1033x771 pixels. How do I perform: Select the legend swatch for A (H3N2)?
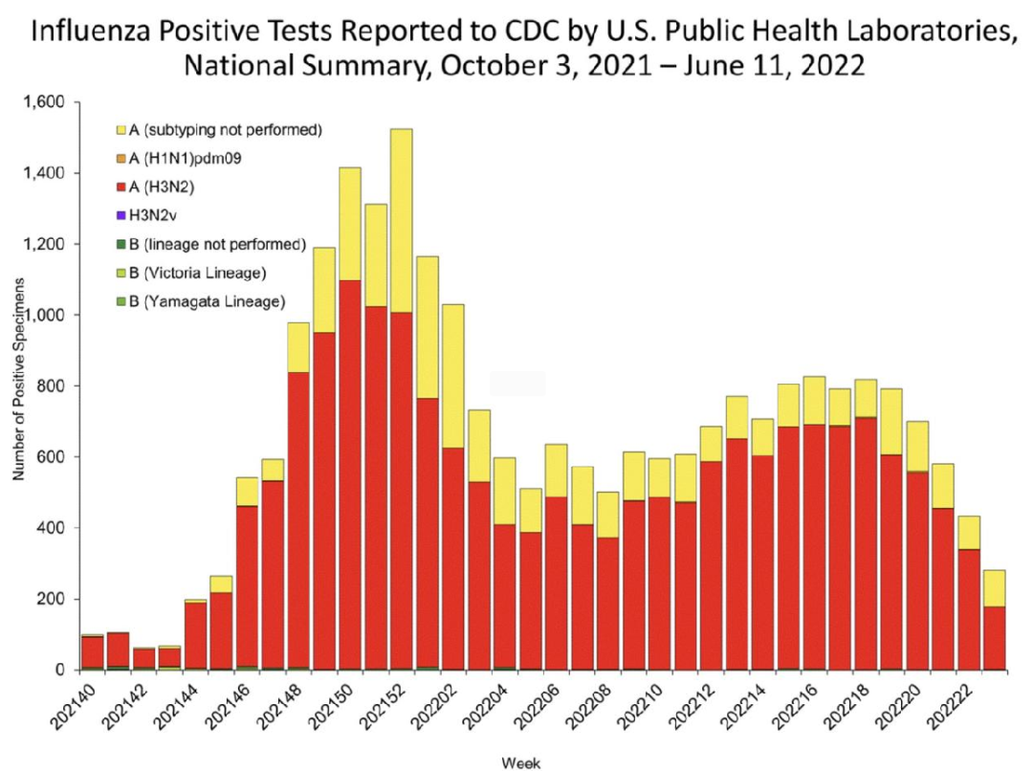click(121, 187)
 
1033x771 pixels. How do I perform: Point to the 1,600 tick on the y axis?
click(43, 102)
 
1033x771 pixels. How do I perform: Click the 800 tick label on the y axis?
click(52, 385)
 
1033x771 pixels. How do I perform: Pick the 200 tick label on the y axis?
click(52, 599)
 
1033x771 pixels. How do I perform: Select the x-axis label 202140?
click(79, 703)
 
